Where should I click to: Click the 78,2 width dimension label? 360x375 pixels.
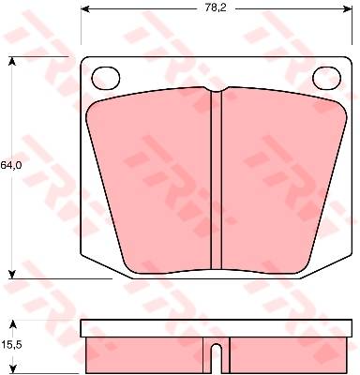tap(216, 8)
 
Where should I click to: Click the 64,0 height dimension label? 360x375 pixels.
tap(10, 166)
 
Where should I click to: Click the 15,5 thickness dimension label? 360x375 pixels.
tap(10, 345)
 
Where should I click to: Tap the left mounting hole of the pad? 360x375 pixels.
tap(106, 78)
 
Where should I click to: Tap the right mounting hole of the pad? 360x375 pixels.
tap(327, 78)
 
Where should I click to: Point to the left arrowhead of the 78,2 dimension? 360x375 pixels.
tap(85, 9)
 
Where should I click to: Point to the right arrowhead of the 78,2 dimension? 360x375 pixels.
tap(348, 9)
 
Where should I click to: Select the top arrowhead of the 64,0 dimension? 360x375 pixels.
tap(12, 61)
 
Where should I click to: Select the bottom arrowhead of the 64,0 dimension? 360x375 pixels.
tap(12, 274)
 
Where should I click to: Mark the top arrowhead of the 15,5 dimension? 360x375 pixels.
tap(12, 324)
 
